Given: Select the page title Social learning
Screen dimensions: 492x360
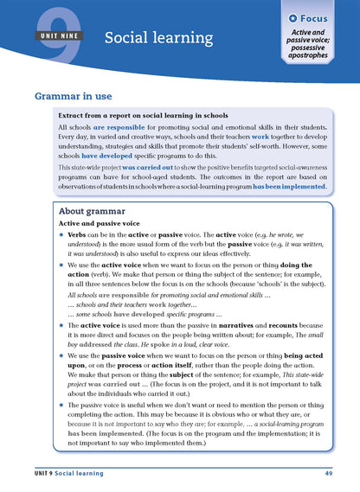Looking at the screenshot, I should coord(158,37).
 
